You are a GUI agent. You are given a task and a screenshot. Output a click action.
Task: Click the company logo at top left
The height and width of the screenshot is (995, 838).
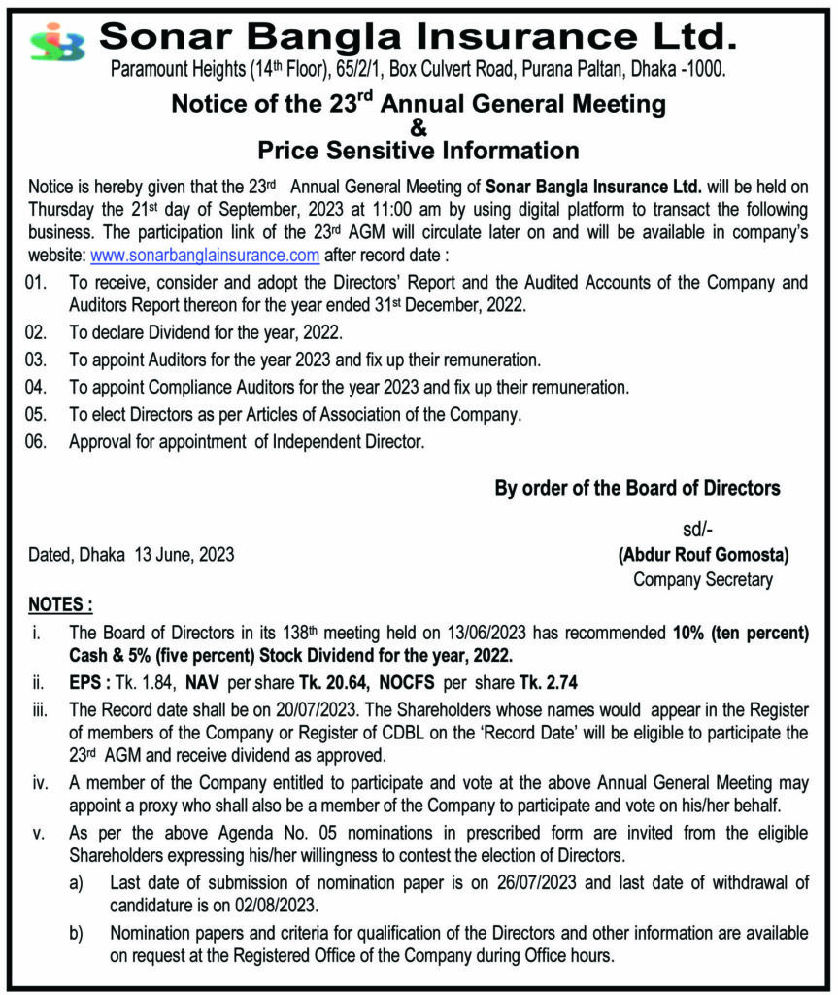(57, 42)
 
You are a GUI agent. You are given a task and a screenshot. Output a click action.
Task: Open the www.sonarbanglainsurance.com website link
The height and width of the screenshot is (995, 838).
(205, 257)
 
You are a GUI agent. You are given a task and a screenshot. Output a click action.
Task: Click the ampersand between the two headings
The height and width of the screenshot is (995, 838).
(419, 127)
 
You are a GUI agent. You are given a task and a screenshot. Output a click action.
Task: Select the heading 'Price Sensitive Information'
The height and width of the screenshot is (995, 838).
(419, 151)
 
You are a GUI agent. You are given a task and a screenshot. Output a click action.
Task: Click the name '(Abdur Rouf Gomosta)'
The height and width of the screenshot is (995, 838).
(703, 556)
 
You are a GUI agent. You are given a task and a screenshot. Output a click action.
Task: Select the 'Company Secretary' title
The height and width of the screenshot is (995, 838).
(703, 580)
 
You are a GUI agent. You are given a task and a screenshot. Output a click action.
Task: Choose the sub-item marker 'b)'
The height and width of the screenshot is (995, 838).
(76, 933)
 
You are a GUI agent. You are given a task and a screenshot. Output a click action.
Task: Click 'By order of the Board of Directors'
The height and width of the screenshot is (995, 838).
(637, 489)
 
